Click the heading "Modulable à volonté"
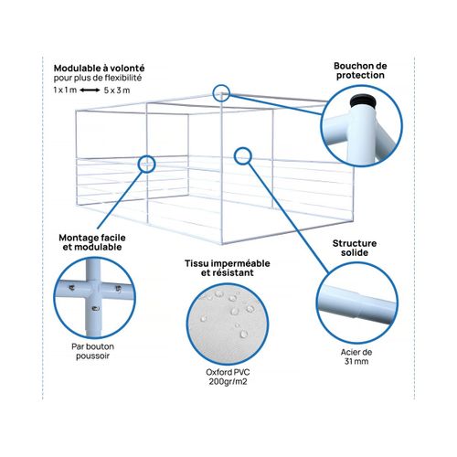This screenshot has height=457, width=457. (99, 69)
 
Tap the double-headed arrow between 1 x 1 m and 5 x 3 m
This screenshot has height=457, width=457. (90, 90)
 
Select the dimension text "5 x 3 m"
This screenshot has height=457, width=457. (117, 90)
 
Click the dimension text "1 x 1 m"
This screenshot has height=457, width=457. (65, 90)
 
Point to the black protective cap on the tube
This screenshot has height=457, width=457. (362, 101)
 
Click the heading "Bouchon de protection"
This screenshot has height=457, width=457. (360, 70)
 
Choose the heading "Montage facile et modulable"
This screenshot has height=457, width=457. (92, 242)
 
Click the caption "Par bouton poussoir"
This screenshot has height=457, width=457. (92, 351)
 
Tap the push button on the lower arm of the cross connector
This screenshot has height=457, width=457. (95, 309)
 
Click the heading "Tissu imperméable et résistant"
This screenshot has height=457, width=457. (228, 268)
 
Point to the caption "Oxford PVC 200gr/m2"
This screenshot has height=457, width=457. (228, 377)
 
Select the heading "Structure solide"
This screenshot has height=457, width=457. (355, 248)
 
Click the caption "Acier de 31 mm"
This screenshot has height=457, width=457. (356, 356)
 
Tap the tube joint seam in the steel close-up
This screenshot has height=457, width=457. (359, 304)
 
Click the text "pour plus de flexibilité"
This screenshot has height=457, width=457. (98, 78)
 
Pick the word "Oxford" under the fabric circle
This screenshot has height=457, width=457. (217, 372)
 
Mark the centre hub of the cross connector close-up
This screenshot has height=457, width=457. (93, 288)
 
